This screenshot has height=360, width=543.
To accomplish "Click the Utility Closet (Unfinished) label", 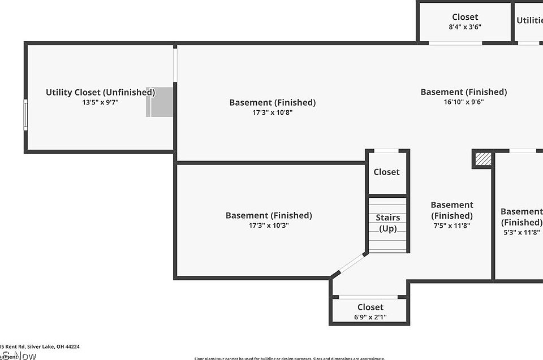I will point(100,92).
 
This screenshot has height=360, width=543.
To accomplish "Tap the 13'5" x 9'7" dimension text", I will point(100,102).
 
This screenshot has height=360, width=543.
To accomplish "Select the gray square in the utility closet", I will point(160,102).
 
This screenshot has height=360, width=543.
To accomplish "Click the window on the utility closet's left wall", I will point(25,115).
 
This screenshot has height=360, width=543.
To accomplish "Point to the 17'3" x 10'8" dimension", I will point(272,112).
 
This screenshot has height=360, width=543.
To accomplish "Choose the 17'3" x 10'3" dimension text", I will point(269,225).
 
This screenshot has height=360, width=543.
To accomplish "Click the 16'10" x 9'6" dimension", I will point(463,102).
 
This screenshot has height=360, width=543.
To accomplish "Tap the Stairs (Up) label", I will point(388,223).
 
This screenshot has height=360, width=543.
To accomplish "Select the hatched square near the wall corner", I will point(482,159).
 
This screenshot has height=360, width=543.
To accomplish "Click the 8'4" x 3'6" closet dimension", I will point(464,27).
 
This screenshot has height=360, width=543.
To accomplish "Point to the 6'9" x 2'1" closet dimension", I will point(370,317).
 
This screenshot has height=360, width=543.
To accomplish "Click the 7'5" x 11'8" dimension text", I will point(451,225).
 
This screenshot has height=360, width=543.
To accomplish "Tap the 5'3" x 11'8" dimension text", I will point(521,232).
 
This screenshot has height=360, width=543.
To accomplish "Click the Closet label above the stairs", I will point(386,172).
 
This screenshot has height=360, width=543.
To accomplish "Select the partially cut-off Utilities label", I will point(529,20).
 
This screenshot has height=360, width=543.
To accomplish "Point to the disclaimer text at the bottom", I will point(290,358).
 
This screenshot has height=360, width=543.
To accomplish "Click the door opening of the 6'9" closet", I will point(368,297).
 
